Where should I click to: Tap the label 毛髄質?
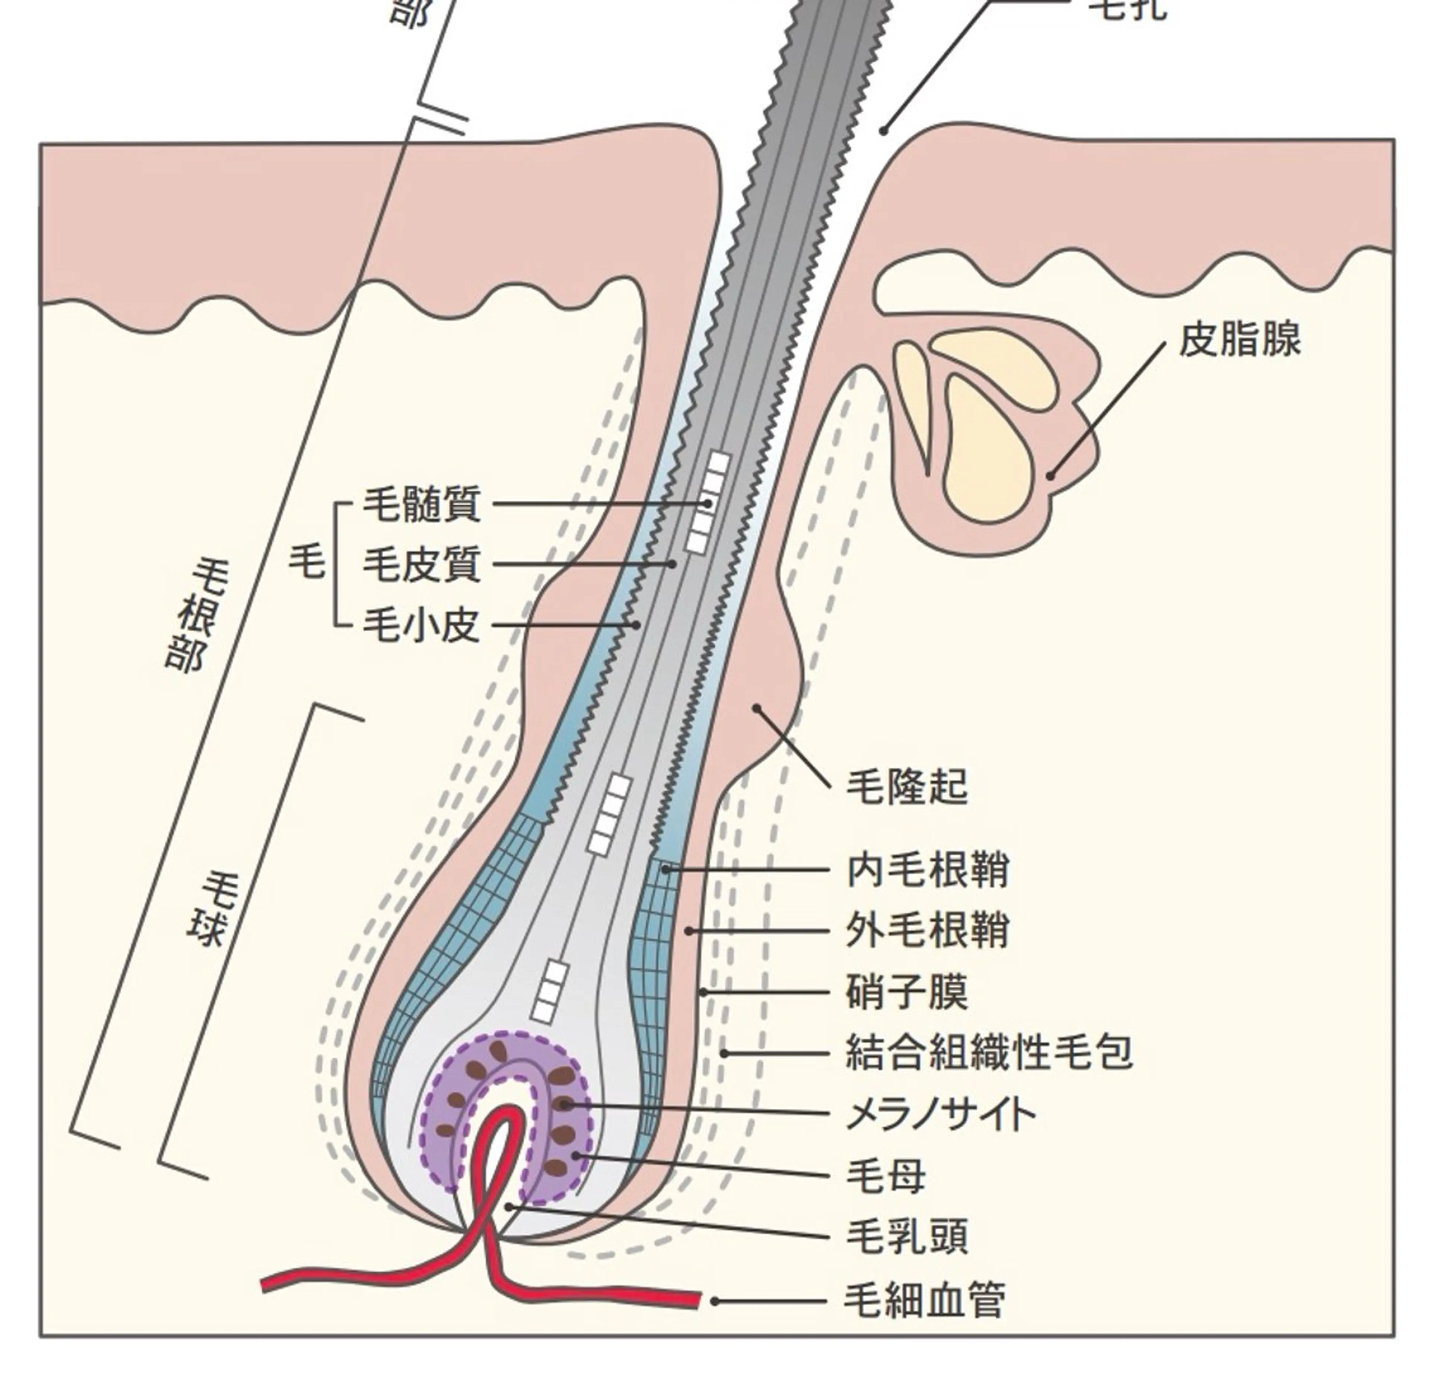click(422, 504)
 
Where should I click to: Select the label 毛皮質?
click(422, 564)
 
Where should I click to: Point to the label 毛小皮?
click(422, 625)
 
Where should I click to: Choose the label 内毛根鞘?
click(927, 870)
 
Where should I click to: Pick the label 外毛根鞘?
click(927, 931)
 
